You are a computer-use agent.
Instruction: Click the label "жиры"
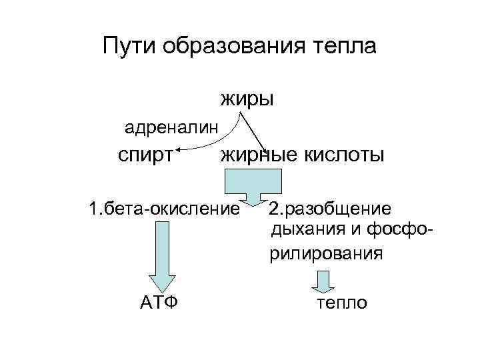point(247,100)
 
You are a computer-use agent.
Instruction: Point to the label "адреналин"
point(171,126)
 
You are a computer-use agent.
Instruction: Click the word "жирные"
point(259,155)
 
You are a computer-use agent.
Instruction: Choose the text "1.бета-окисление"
point(164,209)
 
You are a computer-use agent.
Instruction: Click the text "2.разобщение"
point(330,209)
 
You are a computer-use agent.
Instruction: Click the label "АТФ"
point(159,303)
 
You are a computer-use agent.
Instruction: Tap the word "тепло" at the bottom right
point(341,303)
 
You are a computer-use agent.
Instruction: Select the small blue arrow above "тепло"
point(323,281)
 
